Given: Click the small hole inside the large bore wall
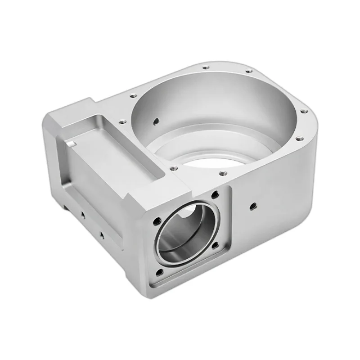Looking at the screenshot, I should [156, 121].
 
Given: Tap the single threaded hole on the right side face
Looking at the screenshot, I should [252, 206].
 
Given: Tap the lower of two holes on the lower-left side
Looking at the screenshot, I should [101, 234].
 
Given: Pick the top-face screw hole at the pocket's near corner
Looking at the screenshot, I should [173, 169].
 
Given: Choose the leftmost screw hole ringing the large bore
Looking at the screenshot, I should [121, 121].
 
